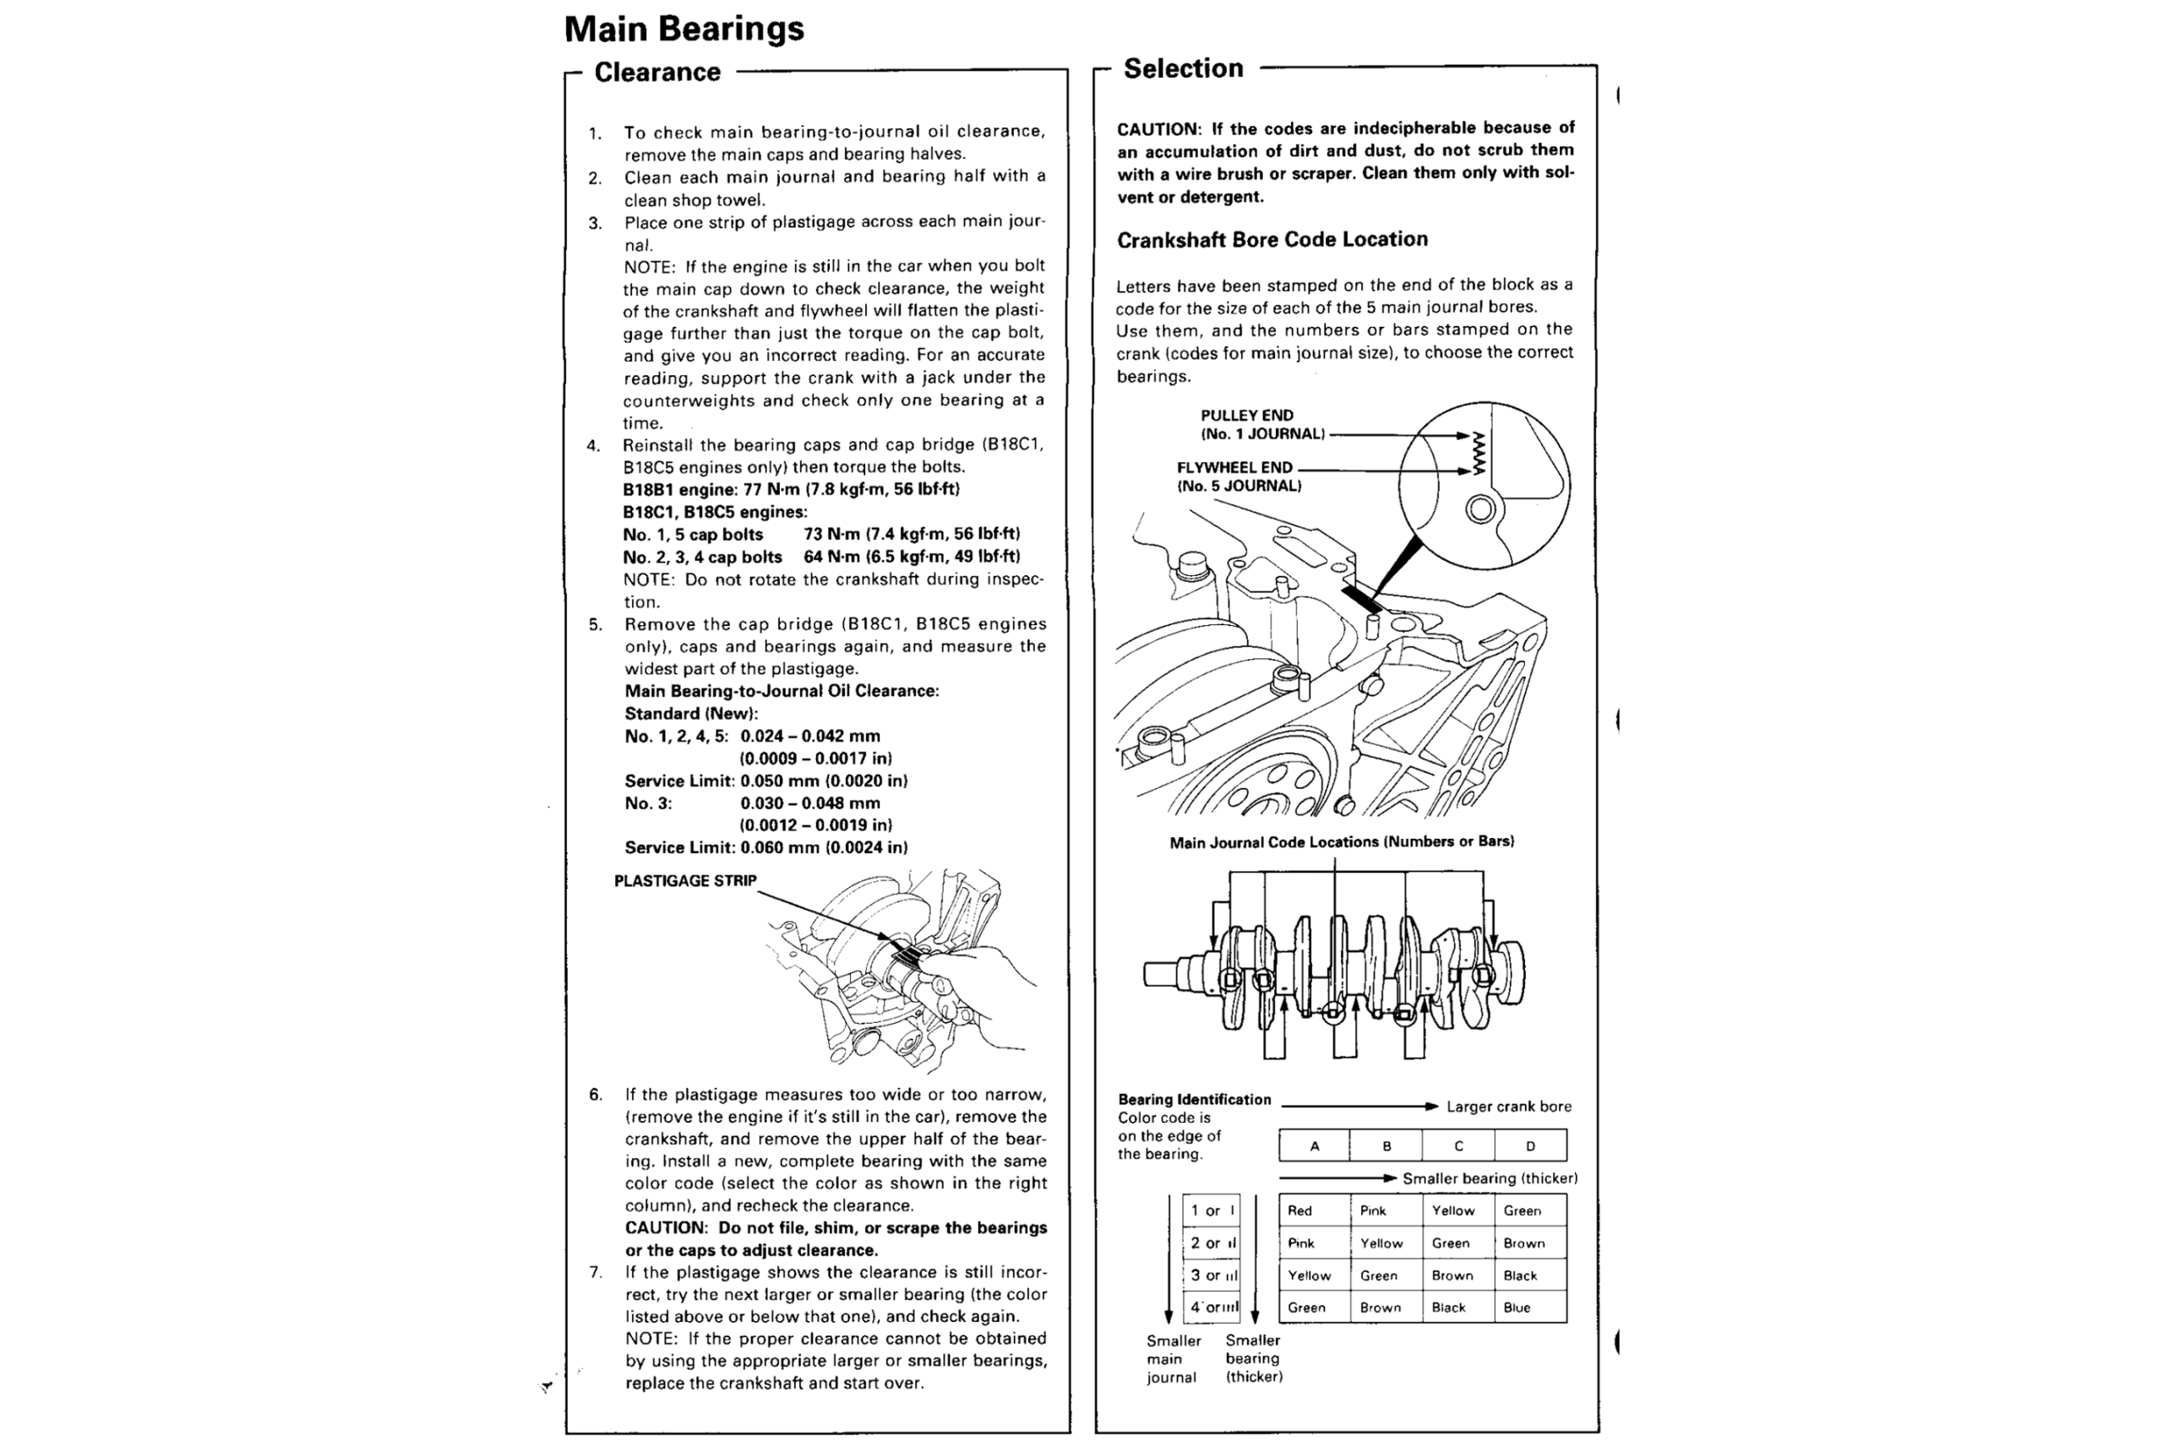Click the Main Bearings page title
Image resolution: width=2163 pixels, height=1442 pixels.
point(684,30)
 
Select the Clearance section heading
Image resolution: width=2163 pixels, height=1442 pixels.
point(657,73)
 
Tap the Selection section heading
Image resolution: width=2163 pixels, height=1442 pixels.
point(1183,69)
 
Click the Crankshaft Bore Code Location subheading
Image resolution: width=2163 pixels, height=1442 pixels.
point(1272,240)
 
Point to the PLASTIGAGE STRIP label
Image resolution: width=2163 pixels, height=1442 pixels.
point(685,881)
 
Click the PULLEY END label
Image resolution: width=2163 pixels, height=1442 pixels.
point(1246,416)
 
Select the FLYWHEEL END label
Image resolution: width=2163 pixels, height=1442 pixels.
point(1234,468)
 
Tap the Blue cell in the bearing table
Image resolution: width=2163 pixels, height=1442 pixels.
point(1517,1308)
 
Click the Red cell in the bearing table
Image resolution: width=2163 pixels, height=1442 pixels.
point(1299,1211)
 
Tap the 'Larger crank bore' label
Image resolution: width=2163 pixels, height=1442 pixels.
point(1508,1107)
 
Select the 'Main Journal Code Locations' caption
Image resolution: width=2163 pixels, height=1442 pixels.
point(1341,842)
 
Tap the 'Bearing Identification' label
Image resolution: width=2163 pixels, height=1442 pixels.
point(1194,1100)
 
